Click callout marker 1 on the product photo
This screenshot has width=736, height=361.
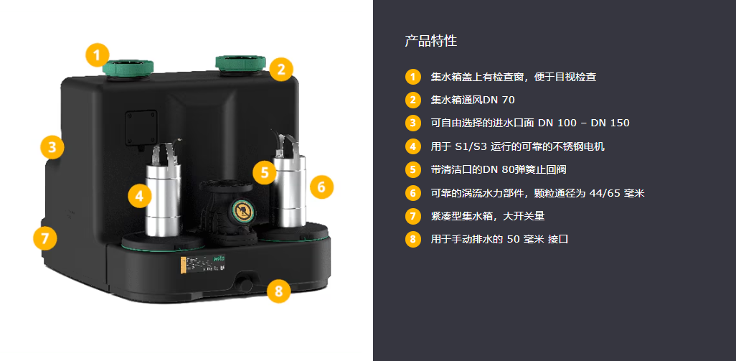pyautogui.click(x=97, y=55)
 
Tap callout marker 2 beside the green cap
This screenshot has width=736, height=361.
pyautogui.click(x=281, y=70)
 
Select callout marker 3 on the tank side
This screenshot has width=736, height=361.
pyautogui.click(x=52, y=147)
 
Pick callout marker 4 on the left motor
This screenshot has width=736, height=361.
pyautogui.click(x=139, y=196)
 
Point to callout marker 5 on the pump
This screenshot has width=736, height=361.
pyautogui.click(x=265, y=172)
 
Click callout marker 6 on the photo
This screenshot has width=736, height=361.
pyautogui.click(x=321, y=187)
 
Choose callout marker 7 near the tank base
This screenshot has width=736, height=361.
pyautogui.click(x=45, y=238)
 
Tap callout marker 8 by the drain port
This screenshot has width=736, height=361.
pyautogui.click(x=279, y=291)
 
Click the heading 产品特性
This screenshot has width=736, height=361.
pyautogui.click(x=431, y=41)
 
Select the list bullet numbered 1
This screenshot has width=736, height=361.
pyautogui.click(x=412, y=77)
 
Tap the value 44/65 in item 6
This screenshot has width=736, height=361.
pyautogui.click(x=602, y=193)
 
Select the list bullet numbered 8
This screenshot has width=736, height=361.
pyautogui.click(x=412, y=239)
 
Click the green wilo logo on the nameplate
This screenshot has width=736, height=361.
pyautogui.click(x=220, y=258)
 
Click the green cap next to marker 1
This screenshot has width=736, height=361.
pyautogui.click(x=128, y=67)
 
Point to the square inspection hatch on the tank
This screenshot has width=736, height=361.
pyautogui.click(x=141, y=128)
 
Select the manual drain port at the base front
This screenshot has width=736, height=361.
pyautogui.click(x=245, y=283)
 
